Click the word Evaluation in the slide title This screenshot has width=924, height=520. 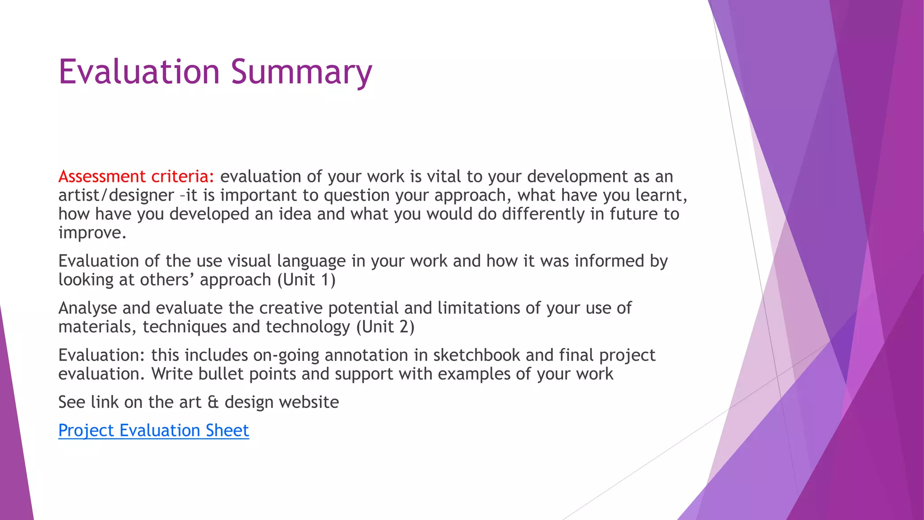tap(139, 72)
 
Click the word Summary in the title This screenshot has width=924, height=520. tap(301, 72)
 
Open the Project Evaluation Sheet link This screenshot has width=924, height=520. tap(153, 431)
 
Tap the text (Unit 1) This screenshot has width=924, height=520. tap(306, 280)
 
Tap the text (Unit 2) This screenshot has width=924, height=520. tap(385, 327)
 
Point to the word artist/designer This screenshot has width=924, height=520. tap(116, 195)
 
